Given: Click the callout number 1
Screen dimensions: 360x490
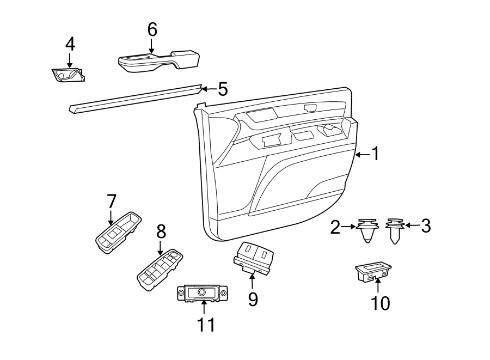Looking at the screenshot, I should tap(375, 154).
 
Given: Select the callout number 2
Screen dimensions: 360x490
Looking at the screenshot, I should tap(335, 227).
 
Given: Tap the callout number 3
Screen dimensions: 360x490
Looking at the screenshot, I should tap(425, 225).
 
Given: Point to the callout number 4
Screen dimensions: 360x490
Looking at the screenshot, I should tap(70, 44).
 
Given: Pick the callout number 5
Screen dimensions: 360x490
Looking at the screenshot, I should tap(222, 89).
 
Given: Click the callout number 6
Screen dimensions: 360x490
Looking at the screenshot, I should tap(152, 30).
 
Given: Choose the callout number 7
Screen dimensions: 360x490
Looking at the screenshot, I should tap(111, 201).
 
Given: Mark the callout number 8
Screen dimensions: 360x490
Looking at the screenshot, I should tap(161, 231).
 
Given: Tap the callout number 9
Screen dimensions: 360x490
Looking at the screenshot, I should tap(253, 298).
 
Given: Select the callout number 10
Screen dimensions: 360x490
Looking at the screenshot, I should tap(381, 302).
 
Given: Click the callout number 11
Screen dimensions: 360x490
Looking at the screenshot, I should tap(206, 325).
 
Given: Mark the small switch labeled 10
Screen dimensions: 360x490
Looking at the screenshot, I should tap(372, 271).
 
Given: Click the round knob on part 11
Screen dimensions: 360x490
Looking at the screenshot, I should tap(201, 292).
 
